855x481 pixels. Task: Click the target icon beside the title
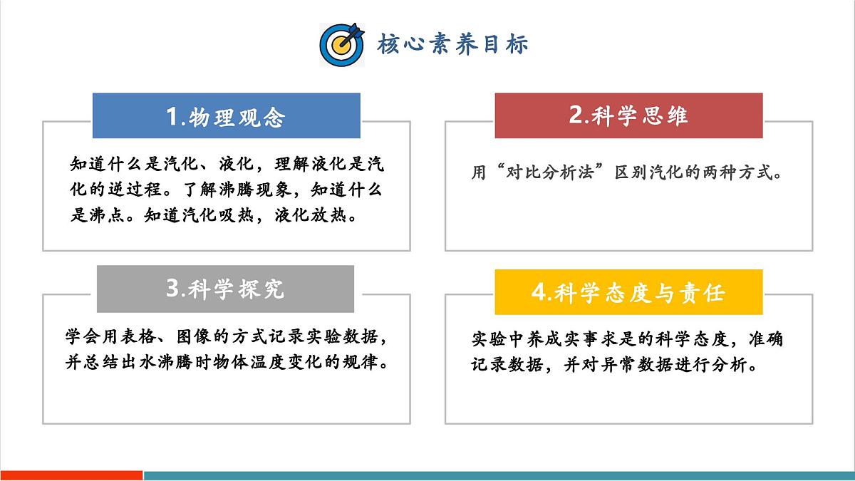pyautogui.click(x=341, y=45)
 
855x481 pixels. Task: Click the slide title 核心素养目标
pyautogui.click(x=452, y=44)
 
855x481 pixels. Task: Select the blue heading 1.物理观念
pyautogui.click(x=226, y=116)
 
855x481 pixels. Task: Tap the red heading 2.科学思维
pyautogui.click(x=628, y=115)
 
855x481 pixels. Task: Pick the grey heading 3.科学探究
pyautogui.click(x=225, y=289)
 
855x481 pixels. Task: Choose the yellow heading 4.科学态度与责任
pyautogui.click(x=628, y=292)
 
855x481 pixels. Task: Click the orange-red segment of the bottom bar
pyautogui.click(x=71, y=475)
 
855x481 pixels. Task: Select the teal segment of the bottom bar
pyautogui.click(x=499, y=475)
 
